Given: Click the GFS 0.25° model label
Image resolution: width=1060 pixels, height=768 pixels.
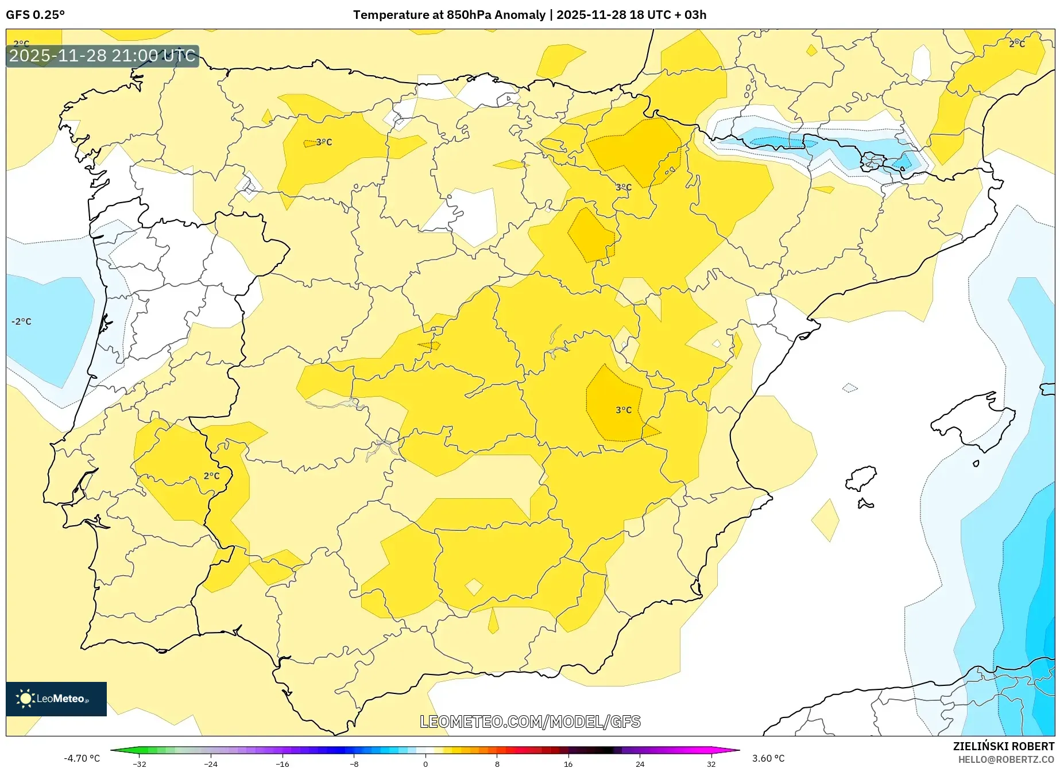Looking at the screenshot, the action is tap(35, 14).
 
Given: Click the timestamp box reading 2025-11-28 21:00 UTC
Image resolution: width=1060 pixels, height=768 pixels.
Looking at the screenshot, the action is tap(102, 56).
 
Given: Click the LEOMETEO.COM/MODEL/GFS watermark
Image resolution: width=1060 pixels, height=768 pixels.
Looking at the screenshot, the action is tap(530, 722).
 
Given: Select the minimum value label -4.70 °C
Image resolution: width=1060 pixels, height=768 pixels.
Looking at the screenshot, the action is tap(82, 758).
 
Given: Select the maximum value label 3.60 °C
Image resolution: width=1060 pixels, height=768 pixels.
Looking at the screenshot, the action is tap(768, 758).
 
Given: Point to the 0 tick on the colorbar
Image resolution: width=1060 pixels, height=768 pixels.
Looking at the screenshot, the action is tap(425, 763).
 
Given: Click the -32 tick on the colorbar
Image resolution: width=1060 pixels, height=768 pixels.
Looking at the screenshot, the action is tap(140, 763).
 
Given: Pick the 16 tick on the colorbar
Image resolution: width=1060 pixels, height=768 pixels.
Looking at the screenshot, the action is tap(568, 763).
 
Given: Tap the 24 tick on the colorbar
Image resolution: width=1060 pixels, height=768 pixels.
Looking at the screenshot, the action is tap(640, 763).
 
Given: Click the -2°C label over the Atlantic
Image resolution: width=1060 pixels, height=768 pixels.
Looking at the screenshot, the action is tap(21, 321).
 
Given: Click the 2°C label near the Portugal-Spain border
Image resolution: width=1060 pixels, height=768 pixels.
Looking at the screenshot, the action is tap(211, 475).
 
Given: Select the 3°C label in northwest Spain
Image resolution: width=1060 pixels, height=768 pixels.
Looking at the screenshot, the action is tap(324, 142).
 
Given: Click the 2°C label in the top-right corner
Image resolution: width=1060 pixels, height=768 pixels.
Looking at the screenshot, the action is tap(1016, 44).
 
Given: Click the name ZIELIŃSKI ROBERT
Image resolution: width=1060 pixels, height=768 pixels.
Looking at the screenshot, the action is tap(1003, 746).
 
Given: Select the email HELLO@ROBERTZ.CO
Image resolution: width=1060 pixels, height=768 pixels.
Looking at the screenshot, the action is tap(1005, 759).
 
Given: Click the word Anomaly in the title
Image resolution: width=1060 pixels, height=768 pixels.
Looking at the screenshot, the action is tap(520, 14).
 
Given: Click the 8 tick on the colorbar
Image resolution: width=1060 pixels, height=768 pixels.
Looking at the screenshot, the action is tap(497, 763).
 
